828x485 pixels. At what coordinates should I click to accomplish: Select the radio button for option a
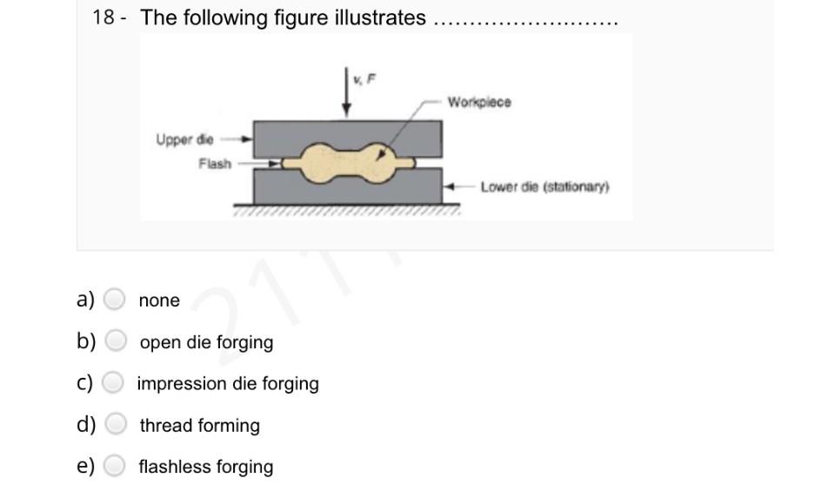pyautogui.click(x=115, y=300)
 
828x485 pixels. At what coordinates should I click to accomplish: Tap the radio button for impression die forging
pyautogui.click(x=113, y=383)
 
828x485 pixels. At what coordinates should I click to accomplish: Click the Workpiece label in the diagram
pyautogui.click(x=479, y=103)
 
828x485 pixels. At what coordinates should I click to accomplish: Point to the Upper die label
pyautogui.click(x=184, y=139)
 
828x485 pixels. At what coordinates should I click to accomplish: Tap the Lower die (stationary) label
pyautogui.click(x=545, y=187)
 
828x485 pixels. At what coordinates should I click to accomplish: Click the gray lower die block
pyautogui.click(x=287, y=186)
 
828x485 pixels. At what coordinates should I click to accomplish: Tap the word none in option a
pyautogui.click(x=159, y=300)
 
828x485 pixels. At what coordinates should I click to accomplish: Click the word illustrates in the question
pyautogui.click(x=380, y=17)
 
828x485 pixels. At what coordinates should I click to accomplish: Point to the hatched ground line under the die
pyautogui.click(x=345, y=210)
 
